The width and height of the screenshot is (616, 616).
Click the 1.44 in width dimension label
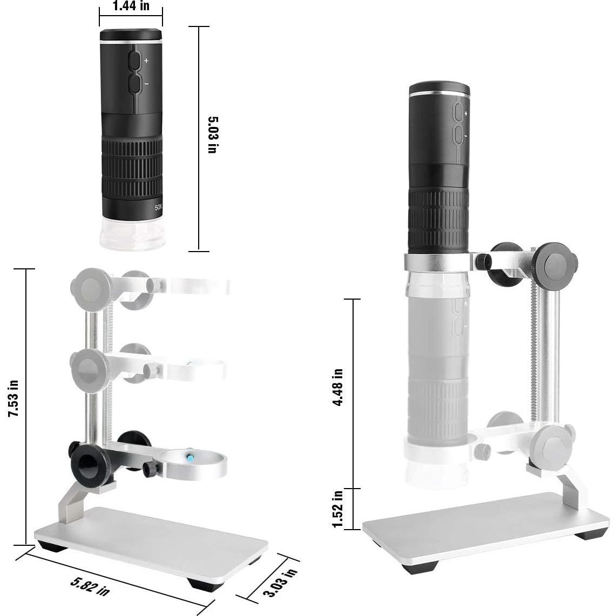[x=131, y=6]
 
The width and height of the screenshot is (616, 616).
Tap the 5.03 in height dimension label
[x=213, y=135]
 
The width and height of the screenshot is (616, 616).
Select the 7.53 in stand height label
[x=13, y=398]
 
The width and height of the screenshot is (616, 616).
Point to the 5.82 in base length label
[x=90, y=586]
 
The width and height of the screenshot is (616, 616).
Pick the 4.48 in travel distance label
[x=337, y=387]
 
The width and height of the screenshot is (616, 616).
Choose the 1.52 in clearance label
[x=337, y=509]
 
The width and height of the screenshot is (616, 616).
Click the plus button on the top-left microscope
[x=134, y=61]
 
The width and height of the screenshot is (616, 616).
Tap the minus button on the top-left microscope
[x=135, y=84]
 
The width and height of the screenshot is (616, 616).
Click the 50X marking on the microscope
[x=158, y=207]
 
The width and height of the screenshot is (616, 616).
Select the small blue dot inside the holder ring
[x=191, y=457]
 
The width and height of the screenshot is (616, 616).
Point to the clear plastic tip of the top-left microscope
[x=133, y=234]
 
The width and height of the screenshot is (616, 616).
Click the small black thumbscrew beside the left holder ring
[x=151, y=470]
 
